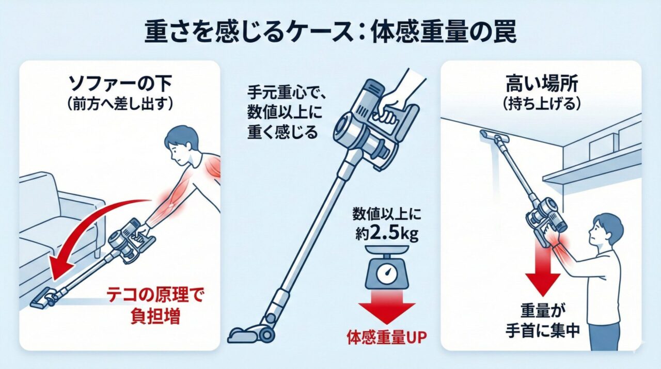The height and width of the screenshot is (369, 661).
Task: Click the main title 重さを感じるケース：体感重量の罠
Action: (x=330, y=32)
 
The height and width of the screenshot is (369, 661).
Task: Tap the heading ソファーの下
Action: (x=120, y=85)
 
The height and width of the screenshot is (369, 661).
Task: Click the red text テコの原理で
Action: (x=154, y=295)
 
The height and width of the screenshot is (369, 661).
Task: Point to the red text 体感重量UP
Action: (x=387, y=337)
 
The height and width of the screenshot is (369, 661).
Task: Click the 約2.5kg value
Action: (x=387, y=234)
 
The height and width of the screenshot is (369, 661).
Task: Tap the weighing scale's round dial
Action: (x=387, y=273)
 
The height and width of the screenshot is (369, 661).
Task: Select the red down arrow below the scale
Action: (x=387, y=307)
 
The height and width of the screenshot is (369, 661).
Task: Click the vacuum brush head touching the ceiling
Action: (x=495, y=137)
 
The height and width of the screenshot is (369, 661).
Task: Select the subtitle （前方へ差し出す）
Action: (x=120, y=105)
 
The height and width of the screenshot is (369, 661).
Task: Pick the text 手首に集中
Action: (x=542, y=331)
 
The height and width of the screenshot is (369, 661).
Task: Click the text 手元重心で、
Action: (x=286, y=93)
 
